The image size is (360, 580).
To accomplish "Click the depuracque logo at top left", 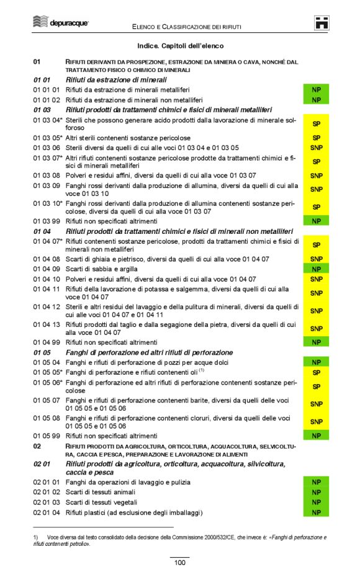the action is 61,22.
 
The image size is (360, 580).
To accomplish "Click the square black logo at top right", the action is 321,22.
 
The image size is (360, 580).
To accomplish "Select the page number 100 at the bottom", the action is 179,563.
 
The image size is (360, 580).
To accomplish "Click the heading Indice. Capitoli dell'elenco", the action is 180,46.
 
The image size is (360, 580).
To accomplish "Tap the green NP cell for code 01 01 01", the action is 316,90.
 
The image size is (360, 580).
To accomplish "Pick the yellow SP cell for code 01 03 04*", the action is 316,123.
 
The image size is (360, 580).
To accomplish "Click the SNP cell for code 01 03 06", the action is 316,148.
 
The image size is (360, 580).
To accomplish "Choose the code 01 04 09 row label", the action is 47,269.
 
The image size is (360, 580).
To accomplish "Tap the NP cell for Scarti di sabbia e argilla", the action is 316,269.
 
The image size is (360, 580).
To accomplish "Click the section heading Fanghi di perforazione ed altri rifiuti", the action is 141,352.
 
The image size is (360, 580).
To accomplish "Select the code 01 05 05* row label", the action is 48,372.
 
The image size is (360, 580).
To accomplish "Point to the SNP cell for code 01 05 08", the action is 316,422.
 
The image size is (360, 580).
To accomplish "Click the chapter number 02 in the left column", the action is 37,446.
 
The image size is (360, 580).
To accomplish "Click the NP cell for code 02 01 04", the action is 316,512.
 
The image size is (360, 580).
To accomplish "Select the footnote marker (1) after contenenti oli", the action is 202,370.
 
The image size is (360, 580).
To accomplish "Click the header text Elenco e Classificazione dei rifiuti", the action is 186,27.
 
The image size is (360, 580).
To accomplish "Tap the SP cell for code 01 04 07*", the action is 316,245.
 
